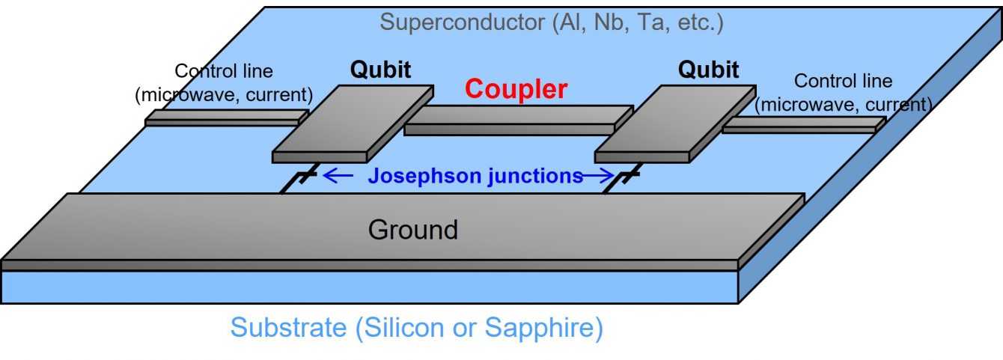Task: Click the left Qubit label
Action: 380,70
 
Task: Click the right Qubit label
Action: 708,70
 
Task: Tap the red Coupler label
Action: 516,89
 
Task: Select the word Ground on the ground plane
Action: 413,230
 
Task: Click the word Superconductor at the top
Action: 463,22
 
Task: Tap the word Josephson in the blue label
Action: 424,176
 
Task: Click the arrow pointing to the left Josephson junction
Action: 338,175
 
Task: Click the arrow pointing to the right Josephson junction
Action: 598,176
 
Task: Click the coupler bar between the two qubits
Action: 518,120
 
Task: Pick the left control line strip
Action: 227,118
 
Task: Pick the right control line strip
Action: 804,125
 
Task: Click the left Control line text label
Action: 224,83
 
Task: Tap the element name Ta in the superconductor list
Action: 651,22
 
